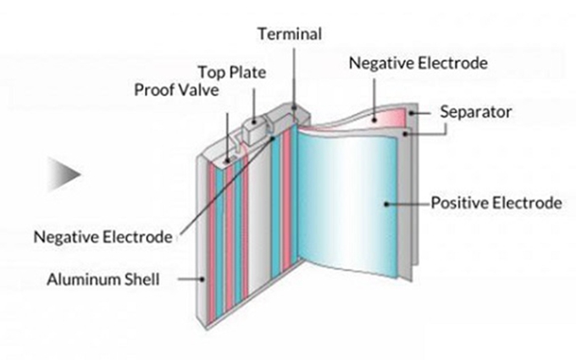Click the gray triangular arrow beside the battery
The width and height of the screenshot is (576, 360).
pos(63,174)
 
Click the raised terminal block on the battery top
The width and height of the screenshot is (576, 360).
pos(255,131)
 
